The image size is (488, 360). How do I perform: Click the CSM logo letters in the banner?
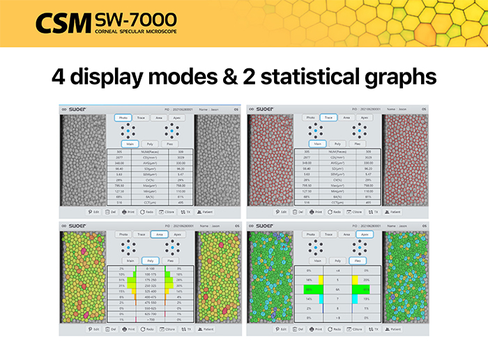pos(63,22)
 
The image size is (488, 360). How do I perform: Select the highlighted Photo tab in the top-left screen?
pos(123,119)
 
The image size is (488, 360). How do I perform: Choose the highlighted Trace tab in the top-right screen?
pos(329,119)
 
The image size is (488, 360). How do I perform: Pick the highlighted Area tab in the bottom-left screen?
pos(160,234)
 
